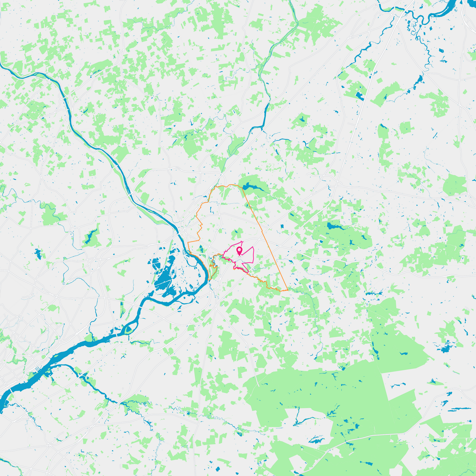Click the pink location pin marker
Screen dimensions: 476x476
239,250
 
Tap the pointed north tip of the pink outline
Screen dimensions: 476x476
242,241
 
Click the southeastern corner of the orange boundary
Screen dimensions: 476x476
287,290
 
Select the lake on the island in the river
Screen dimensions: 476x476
129,329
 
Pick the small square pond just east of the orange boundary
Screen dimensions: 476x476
282,226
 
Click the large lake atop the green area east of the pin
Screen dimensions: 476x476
333,226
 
